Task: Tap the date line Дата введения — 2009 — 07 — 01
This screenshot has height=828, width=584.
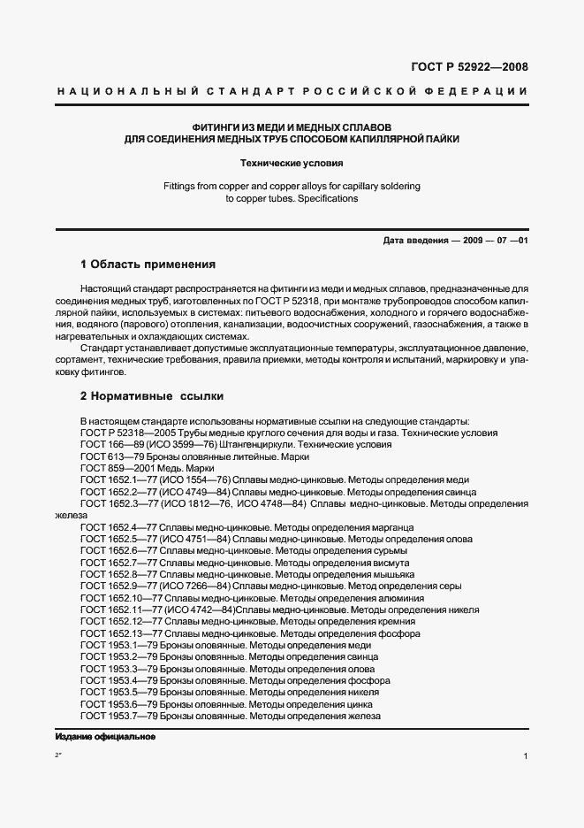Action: [x=455, y=241]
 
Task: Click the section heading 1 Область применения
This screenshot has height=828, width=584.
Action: [x=148, y=264]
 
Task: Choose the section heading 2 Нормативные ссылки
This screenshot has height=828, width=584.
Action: [x=152, y=396]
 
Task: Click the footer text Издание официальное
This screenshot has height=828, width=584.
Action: [x=105, y=737]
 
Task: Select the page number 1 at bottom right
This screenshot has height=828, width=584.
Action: [x=525, y=756]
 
